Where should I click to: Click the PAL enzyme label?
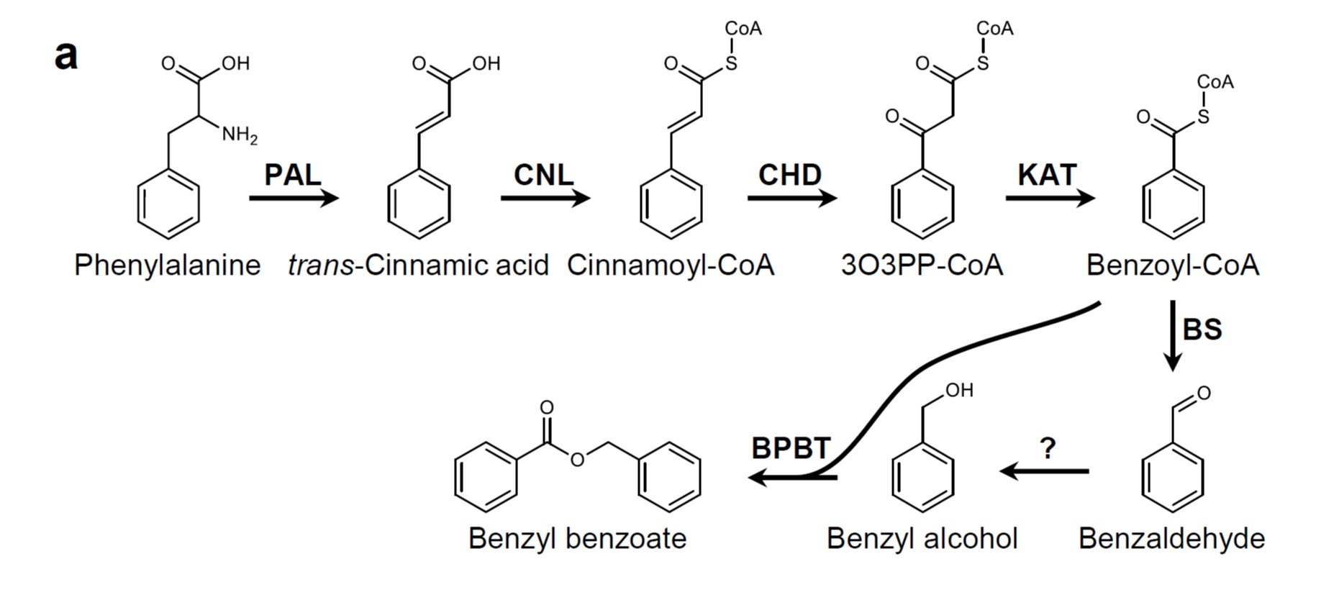point(292,175)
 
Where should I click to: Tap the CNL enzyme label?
point(544,175)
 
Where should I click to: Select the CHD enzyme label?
point(790,175)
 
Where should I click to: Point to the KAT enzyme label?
point(1047,175)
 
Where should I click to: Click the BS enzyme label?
point(1202,329)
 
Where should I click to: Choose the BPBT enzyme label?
point(791,448)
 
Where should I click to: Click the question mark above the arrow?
point(1048,448)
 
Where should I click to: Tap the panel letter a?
point(65,55)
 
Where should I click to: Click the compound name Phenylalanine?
point(167,265)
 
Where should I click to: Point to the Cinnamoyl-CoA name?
point(671,265)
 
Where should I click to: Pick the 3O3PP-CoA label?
point(922,265)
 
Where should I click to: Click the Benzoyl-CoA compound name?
point(1173,265)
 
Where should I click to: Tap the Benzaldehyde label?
point(1171,538)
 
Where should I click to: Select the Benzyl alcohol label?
point(922,538)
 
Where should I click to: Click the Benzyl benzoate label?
point(577,538)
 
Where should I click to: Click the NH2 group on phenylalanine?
point(239,135)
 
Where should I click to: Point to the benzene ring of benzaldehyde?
point(1173,478)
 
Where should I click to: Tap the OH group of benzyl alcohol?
point(959,390)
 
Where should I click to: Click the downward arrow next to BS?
point(1173,336)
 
